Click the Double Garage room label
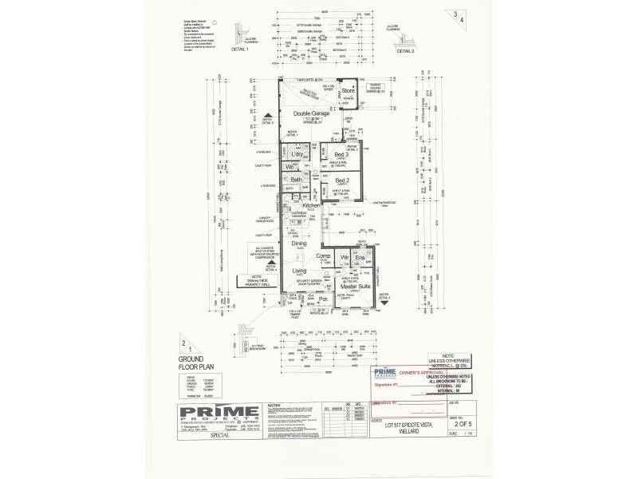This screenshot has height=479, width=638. (x=307, y=113)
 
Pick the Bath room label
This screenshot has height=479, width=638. (x=296, y=180)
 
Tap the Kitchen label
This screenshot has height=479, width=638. (x=310, y=205)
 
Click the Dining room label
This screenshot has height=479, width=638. (x=298, y=243)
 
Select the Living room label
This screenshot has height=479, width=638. (x=299, y=271)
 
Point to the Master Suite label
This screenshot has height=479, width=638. (x=352, y=286)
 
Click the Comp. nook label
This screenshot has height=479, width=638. (x=323, y=256)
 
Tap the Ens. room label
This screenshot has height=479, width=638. (x=360, y=257)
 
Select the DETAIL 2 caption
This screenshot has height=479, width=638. (x=404, y=49)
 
